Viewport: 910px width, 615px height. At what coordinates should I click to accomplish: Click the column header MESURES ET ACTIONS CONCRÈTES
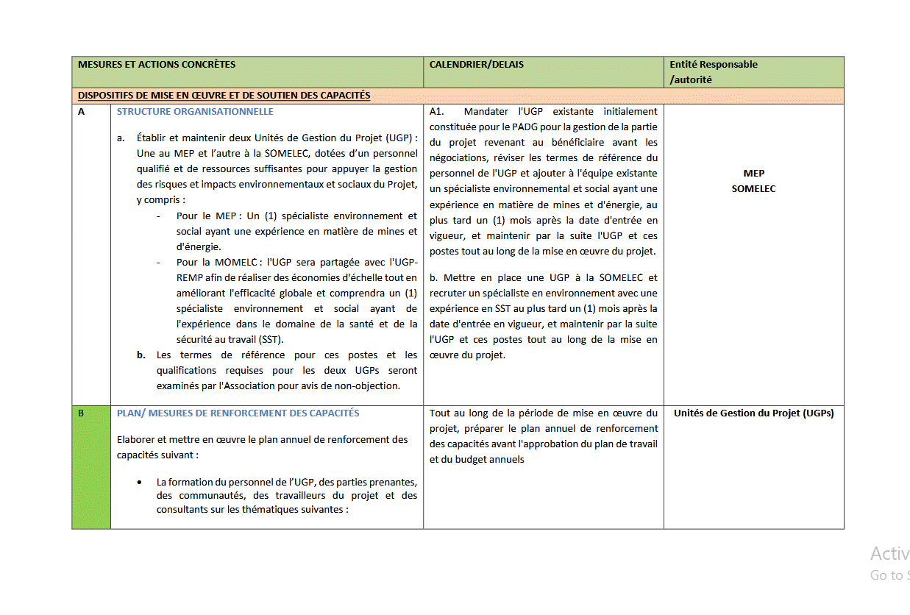point(157,65)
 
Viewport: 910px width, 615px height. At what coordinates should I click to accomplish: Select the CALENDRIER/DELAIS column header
point(476,65)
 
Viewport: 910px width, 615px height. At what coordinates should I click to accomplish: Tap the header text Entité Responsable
point(713,65)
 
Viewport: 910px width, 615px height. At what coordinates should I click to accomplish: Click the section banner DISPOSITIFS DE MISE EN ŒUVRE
point(224,96)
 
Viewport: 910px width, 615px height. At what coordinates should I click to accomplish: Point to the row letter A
point(82,112)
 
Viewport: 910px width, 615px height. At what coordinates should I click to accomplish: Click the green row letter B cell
point(82,413)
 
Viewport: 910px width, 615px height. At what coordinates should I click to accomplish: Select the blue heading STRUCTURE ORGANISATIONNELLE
point(195,112)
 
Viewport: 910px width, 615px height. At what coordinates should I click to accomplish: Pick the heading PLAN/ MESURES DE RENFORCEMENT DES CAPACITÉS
point(238,413)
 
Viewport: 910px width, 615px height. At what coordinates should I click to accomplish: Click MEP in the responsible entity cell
point(753,174)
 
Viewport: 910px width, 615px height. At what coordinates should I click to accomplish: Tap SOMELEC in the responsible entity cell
point(753,189)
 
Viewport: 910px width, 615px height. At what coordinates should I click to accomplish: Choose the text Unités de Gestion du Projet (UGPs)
point(753,413)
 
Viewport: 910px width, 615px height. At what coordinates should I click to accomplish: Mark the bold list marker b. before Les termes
point(141,355)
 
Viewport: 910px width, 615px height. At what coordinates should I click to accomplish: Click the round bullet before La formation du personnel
point(140,483)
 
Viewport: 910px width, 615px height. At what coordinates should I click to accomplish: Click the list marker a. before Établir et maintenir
point(121,138)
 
